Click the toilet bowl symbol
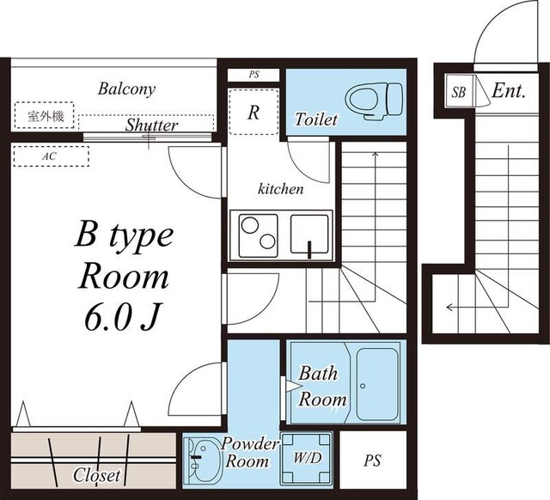[x=373, y=101]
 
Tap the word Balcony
[x=126, y=89]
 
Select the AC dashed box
[x=52, y=156]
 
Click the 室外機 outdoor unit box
[x=45, y=115]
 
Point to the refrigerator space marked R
[x=254, y=113]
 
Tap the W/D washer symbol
[x=307, y=459]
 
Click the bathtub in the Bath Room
[x=377, y=384]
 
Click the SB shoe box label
[x=458, y=92]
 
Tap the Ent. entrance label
[x=509, y=91]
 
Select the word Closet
[x=96, y=475]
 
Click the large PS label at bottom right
[x=372, y=460]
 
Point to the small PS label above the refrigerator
[x=254, y=75]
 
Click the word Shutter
[x=151, y=125]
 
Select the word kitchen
[x=281, y=189]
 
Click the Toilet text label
[x=315, y=119]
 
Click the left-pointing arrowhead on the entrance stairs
[x=449, y=308]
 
